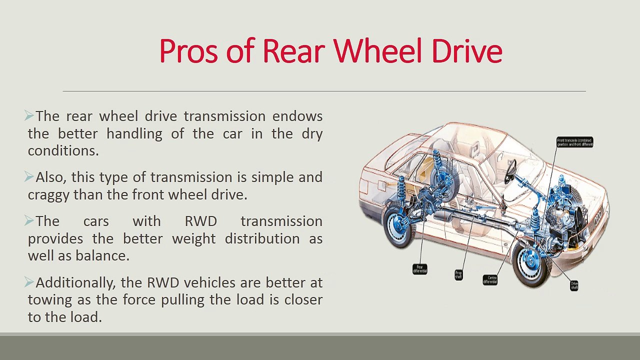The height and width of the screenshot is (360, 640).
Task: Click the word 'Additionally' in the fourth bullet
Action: pos(76,283)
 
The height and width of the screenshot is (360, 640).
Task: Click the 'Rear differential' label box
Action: pos(420,269)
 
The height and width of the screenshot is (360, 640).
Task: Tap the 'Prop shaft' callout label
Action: pos(458,274)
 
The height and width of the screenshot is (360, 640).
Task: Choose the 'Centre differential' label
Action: pos(490,279)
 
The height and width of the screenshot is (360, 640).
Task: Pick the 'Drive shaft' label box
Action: pos(574,285)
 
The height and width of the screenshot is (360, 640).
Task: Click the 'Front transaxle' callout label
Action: pos(574,142)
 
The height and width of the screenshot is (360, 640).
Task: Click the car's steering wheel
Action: pos(510,171)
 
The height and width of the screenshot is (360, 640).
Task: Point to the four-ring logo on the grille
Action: pos(597,213)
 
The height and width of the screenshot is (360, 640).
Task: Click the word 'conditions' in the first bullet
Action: pos(62,151)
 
